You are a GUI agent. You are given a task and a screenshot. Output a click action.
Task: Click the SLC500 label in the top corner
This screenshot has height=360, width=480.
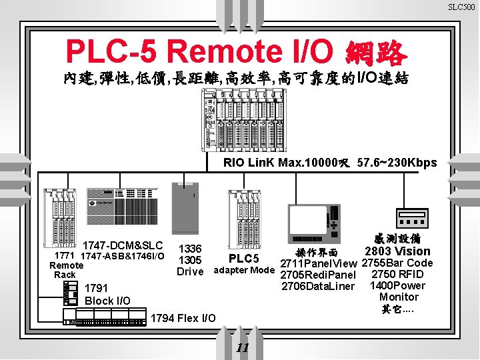pos(461,7)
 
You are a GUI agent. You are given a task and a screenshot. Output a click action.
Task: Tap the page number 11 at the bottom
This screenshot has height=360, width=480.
pos(243,348)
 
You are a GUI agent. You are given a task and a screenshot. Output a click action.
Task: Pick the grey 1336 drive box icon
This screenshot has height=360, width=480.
pos(187,207)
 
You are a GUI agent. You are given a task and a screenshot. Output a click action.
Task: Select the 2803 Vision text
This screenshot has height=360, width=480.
pos(397,251)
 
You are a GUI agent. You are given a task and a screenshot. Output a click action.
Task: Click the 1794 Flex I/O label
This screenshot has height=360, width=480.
pos(184,318)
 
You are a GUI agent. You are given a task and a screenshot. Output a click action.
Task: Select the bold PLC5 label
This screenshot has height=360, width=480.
pos(243,258)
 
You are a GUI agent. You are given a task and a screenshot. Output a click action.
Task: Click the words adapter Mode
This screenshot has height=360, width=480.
pos(243,270)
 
